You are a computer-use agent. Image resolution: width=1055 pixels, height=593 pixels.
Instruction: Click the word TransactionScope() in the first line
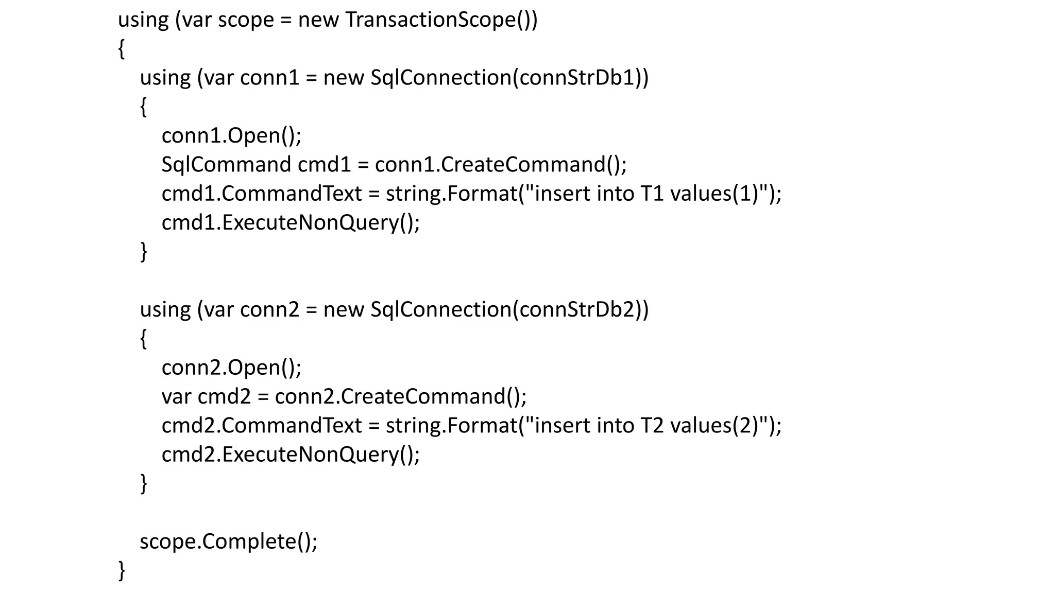(x=440, y=20)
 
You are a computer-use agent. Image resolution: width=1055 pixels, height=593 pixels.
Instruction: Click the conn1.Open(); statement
(x=231, y=136)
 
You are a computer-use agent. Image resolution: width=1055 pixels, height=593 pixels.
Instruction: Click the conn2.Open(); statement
(x=231, y=368)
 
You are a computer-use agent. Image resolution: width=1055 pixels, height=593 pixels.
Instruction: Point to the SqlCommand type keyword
(x=226, y=165)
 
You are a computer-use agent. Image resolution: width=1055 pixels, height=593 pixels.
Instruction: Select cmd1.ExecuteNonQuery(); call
(x=291, y=223)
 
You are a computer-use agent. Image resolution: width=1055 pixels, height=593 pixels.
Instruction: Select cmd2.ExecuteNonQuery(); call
(x=291, y=455)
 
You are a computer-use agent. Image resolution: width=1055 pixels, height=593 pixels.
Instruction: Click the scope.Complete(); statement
(x=229, y=542)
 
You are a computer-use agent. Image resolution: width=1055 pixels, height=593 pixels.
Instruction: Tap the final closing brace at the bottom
(x=122, y=570)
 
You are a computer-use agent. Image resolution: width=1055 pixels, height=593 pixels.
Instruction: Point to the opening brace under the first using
(x=122, y=49)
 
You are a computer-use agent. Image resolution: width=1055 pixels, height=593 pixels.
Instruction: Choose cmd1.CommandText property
(x=262, y=194)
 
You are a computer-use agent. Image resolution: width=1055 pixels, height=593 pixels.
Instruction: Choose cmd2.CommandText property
(x=262, y=426)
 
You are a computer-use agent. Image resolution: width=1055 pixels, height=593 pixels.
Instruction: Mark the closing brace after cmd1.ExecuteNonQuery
(x=144, y=252)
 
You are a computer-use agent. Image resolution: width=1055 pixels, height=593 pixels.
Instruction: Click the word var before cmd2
(x=176, y=396)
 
